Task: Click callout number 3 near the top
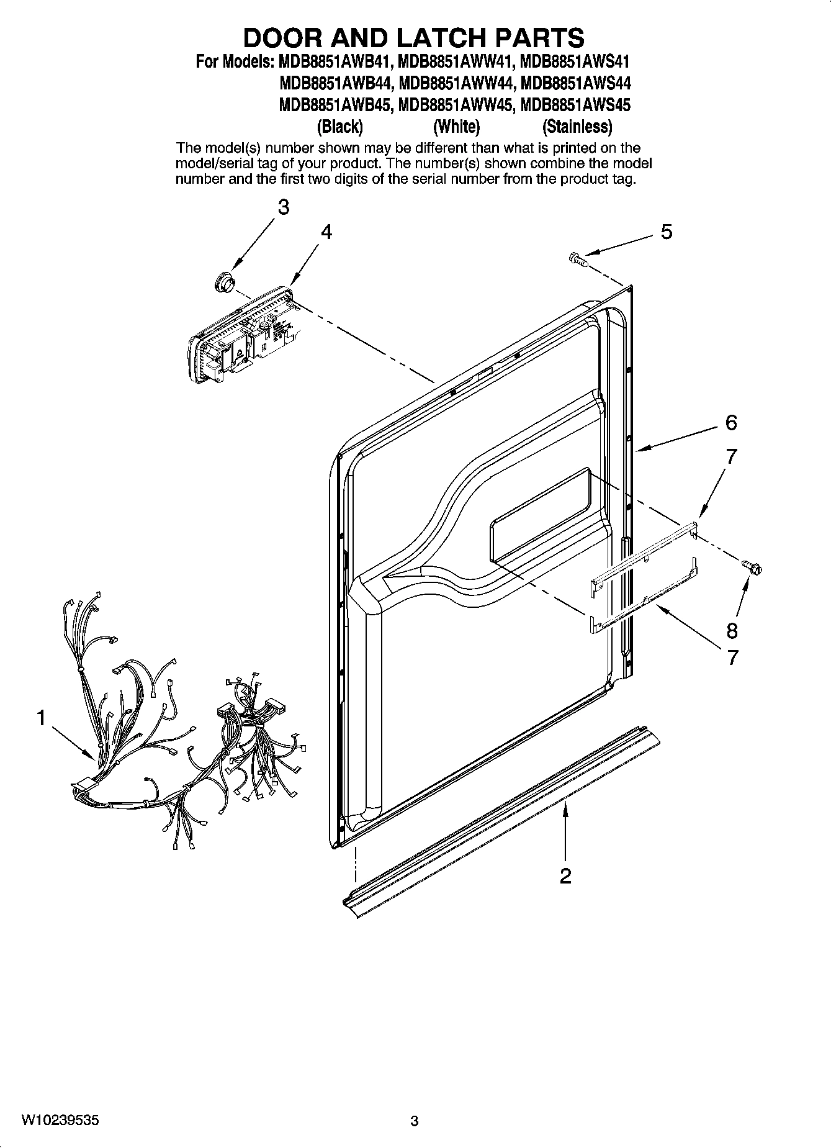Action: point(283,207)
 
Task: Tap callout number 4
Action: point(326,232)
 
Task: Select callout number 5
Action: point(666,232)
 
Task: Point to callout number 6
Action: point(731,423)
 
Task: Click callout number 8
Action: point(732,631)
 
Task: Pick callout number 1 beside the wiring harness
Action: point(40,718)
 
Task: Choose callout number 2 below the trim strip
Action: point(565,876)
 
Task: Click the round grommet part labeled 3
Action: point(223,281)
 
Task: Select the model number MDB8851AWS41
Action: point(575,62)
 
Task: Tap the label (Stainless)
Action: point(577,127)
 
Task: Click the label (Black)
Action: point(339,127)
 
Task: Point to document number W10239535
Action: point(60,1120)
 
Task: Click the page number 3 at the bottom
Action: point(415,1121)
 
